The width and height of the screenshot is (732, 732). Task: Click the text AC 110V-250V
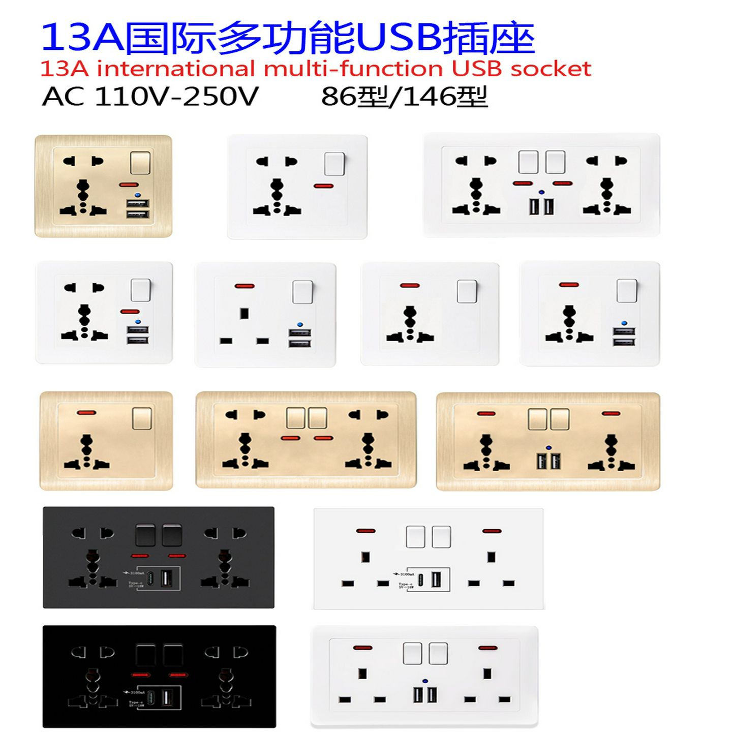pyautogui.click(x=150, y=97)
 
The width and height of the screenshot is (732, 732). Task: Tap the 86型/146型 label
pyautogui.click(x=404, y=97)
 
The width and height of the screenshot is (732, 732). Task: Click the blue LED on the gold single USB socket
pyautogui.click(x=137, y=195)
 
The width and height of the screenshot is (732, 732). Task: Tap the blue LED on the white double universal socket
pyautogui.click(x=541, y=193)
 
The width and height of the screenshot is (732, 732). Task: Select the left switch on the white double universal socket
pyautogui.click(x=528, y=162)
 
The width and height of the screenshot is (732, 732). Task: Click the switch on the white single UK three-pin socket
pyautogui.click(x=302, y=292)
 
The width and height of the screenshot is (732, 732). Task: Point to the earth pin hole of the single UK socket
pyautogui.click(x=244, y=313)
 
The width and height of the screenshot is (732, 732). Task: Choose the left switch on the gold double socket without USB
pyautogui.click(x=295, y=418)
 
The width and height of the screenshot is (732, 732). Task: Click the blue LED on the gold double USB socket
pyautogui.click(x=548, y=448)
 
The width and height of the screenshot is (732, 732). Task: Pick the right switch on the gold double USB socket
pyautogui.click(x=560, y=419)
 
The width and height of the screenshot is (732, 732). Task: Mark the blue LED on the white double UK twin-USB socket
pyautogui.click(x=425, y=681)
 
